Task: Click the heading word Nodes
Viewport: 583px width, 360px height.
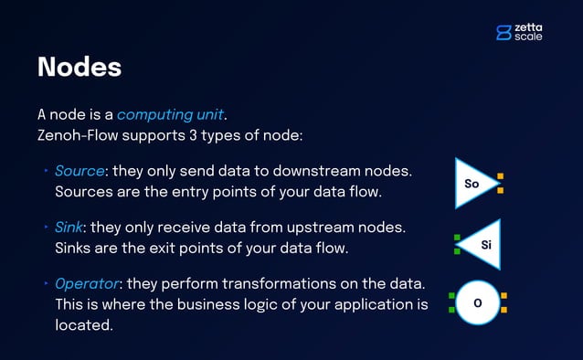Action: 79,68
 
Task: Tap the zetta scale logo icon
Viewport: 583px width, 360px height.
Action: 503,32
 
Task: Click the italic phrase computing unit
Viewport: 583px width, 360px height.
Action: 170,115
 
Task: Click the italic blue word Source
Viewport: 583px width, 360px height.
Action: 80,171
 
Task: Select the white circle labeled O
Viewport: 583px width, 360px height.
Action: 477,302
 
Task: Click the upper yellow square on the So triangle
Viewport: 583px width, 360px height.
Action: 501,176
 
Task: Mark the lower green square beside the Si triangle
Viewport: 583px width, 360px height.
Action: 457,251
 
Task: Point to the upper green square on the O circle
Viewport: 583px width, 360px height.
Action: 451,296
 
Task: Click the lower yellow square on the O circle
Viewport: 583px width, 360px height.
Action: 503,310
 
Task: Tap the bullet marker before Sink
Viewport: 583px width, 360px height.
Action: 47,226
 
